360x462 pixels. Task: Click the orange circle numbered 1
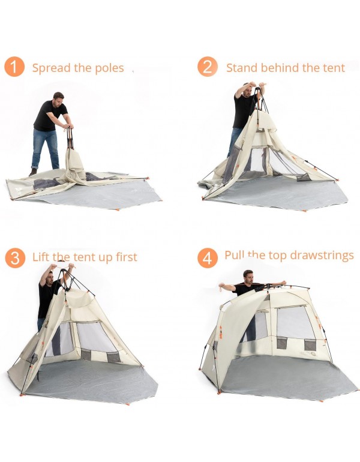[14, 67]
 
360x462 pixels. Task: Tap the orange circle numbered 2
[207, 67]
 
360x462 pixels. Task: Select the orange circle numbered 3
[14, 257]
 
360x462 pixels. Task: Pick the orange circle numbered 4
[207, 258]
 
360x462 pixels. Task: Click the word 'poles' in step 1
[109, 68]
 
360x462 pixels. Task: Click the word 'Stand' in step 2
[242, 68]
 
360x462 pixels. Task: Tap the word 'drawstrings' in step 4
[322, 256]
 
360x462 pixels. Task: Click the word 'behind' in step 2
[280, 68]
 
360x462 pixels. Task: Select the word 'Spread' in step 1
[51, 68]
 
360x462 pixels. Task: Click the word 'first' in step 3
[124, 257]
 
